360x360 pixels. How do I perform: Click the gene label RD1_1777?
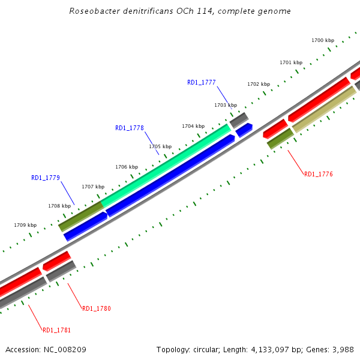pos(201,83)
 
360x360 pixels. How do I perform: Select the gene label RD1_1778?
pos(129,128)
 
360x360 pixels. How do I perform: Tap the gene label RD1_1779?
pos(45,178)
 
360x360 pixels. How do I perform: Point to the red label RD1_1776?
pos(318,175)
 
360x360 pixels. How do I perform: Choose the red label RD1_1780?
pos(96,308)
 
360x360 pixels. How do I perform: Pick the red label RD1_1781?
pos(56,330)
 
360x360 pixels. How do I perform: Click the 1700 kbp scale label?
pos(323,40)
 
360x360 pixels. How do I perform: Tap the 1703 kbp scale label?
pos(226,105)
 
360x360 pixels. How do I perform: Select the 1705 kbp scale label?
pos(160,146)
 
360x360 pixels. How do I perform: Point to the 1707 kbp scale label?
pos(93,187)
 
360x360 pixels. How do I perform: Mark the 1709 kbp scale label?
pos(25,225)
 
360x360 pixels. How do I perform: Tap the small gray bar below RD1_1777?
pos(239,119)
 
